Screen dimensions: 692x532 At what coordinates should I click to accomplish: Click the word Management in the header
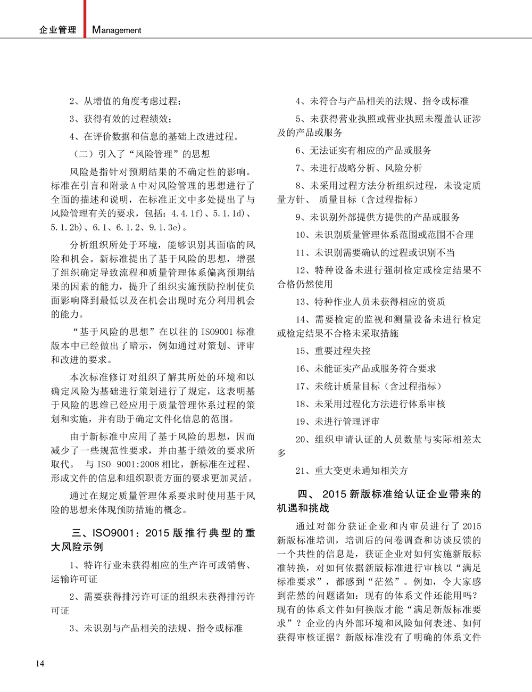tap(117, 30)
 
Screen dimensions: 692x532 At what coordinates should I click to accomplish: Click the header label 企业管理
tap(57, 30)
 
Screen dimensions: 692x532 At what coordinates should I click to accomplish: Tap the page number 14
tap(40, 663)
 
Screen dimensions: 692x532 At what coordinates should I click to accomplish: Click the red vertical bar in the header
tap(84, 19)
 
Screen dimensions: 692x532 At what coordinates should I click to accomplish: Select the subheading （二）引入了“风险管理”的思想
tap(141, 154)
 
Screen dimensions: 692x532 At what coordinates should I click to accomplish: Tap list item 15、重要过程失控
tap(333, 351)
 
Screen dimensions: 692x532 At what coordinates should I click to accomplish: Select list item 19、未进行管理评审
tap(338, 422)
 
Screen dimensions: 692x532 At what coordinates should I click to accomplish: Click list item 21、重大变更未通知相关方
tap(352, 471)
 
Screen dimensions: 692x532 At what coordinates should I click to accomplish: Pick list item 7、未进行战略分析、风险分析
tap(359, 168)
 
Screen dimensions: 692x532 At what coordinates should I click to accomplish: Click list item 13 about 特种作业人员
tap(370, 302)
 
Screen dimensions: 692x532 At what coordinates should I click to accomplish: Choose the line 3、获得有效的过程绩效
tap(121, 119)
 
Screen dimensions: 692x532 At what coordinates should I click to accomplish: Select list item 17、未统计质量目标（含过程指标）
tap(369, 386)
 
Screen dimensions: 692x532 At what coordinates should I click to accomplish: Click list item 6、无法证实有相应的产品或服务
tap(363, 151)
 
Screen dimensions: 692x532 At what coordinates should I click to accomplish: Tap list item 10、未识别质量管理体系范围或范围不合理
tap(384, 235)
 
